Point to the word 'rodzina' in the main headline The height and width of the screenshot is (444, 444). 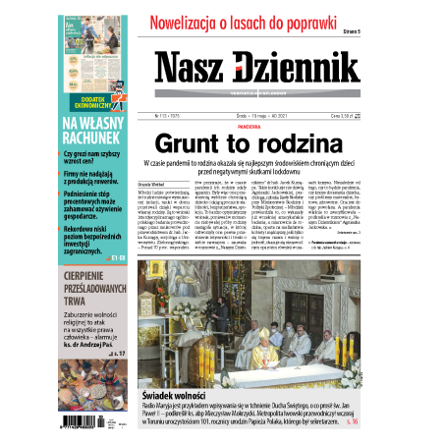(x=282, y=143)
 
